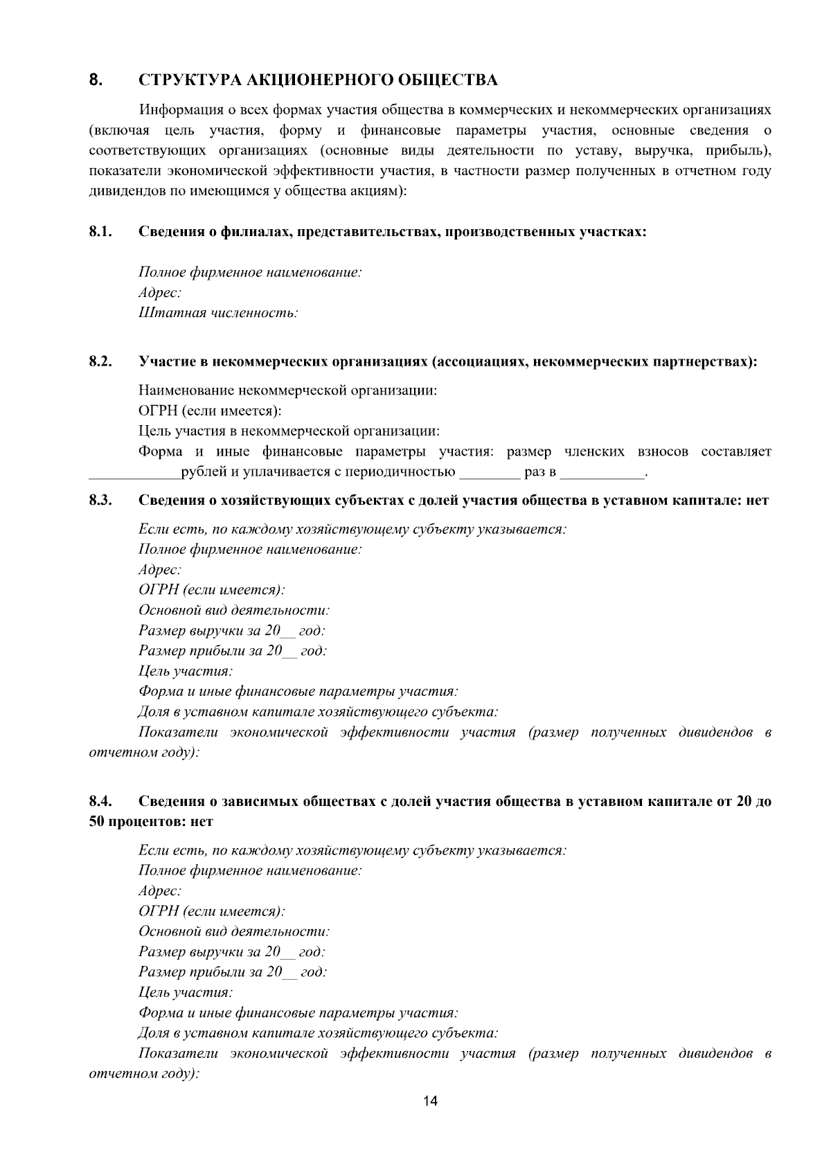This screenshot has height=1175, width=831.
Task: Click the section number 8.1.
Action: [x=101, y=231]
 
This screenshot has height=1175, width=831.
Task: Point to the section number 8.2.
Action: [x=101, y=361]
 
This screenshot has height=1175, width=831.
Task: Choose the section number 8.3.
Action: [x=101, y=500]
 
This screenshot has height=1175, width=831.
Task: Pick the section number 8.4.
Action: [x=101, y=801]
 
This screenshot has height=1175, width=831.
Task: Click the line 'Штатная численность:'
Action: [x=218, y=313]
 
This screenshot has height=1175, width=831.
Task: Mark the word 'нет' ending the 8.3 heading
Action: [x=758, y=500]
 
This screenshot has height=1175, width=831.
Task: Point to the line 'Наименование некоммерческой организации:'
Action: [x=287, y=391]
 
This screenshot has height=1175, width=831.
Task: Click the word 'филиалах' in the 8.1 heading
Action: [x=254, y=231]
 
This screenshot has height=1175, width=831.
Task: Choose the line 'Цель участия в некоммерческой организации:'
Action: [x=289, y=431]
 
